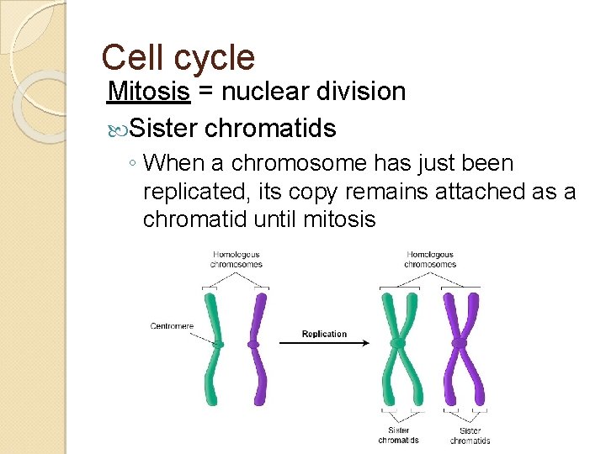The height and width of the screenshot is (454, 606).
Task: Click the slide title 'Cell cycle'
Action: (178, 57)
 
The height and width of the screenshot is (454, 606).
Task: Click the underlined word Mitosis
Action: (150, 91)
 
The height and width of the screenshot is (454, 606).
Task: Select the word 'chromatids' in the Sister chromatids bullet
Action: (270, 129)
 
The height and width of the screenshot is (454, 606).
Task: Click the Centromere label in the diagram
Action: (172, 326)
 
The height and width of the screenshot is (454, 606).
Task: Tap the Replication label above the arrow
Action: (324, 334)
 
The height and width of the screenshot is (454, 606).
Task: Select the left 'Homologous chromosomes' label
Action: (237, 259)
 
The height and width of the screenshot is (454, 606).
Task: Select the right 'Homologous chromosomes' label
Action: (430, 259)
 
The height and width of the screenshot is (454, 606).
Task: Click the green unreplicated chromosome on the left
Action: (217, 345)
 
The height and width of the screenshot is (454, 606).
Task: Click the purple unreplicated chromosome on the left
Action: (255, 345)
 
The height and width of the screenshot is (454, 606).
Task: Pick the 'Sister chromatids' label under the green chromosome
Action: (398, 435)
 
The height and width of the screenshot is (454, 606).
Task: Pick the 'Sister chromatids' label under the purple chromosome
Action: (470, 435)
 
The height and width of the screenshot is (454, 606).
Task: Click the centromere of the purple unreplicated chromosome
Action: (254, 345)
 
